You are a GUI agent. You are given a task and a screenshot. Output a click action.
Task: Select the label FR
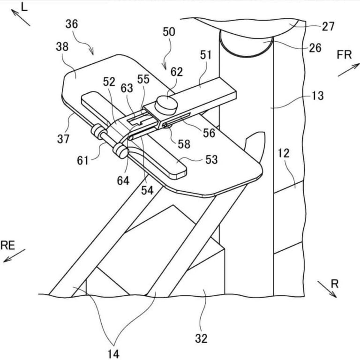coord(344,55)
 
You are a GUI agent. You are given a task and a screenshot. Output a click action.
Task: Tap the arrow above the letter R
coord(327,289)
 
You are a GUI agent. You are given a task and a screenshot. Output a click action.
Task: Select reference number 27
coord(329,26)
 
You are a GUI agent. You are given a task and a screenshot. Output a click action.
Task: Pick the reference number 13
coord(317,96)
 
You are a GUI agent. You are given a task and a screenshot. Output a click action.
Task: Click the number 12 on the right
coord(296,153)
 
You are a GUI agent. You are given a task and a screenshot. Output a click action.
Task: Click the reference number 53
coord(211,160)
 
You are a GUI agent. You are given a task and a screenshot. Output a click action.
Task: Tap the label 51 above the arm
coord(206,55)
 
